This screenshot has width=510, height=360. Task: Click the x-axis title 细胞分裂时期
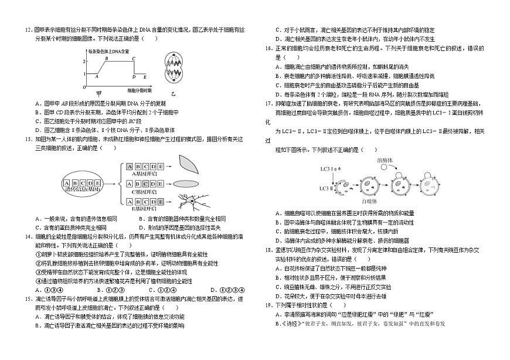pyautogui.click(x=140, y=91)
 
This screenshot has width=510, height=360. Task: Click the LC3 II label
pyautogui.click(x=327, y=188)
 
